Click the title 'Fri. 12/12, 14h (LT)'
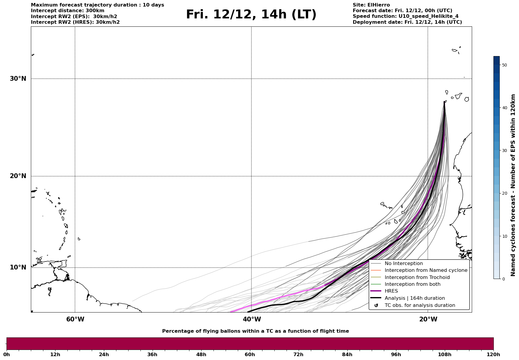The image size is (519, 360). click(251, 15)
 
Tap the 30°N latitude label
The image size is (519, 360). click(18, 79)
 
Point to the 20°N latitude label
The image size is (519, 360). click(18, 176)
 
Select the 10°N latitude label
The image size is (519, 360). click(18, 267)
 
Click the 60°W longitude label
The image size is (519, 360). click(75, 319)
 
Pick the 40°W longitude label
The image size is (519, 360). click(252, 319)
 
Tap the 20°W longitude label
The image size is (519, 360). click(428, 319)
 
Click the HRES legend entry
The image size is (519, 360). click(391, 291)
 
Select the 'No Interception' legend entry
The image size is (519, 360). click(404, 264)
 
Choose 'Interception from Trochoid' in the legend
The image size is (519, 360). click(417, 277)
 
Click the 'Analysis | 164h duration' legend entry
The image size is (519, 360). click(414, 298)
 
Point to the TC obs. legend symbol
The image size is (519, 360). click(376, 305)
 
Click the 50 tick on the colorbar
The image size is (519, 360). click(504, 65)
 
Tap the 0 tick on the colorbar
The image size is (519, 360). click(503, 279)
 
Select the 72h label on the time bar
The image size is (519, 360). click(298, 354)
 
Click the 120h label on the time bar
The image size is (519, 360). click(493, 354)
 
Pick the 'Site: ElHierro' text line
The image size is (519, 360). click(371, 5)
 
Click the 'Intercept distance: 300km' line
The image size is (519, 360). click(68, 11)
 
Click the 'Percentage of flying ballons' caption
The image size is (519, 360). click(255, 331)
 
